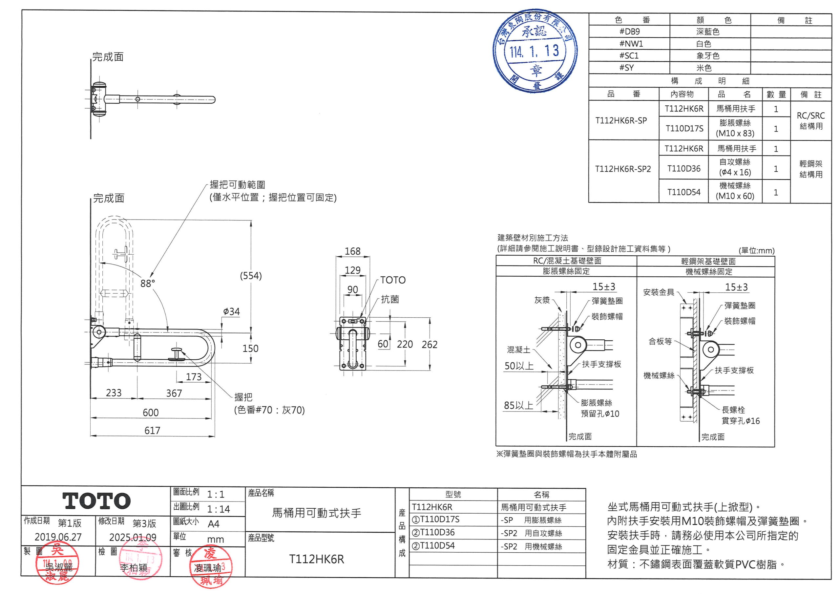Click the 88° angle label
[147, 284]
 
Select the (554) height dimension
[251, 276]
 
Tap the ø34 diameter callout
[231, 311]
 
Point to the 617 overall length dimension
[152, 430]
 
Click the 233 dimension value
[114, 393]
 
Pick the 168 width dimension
[352, 251]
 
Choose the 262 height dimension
[429, 344]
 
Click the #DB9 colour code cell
[629, 32]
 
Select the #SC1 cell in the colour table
[629, 56]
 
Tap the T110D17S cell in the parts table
[684, 128]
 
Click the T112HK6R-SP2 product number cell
[623, 169]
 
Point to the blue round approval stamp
[535, 51]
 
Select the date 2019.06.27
[58, 537]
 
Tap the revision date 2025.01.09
[133, 537]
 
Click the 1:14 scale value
[218, 509]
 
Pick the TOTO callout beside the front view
[392, 280]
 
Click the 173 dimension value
[194, 377]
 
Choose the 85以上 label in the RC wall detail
[518, 405]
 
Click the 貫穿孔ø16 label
[741, 421]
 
